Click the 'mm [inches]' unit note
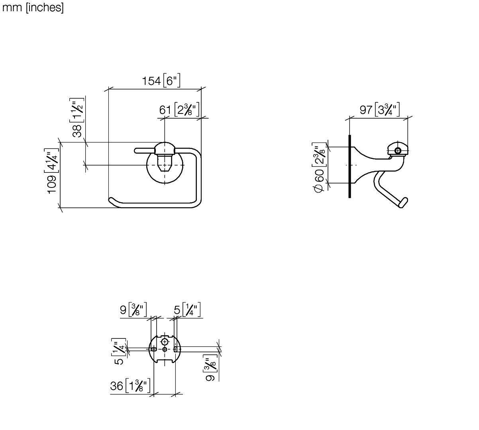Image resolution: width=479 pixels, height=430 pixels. [x=33, y=8]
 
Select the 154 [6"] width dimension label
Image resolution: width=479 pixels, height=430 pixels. [x=161, y=80]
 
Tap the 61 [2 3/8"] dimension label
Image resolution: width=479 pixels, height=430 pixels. [x=179, y=109]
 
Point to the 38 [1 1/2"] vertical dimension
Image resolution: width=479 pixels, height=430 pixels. [x=77, y=117]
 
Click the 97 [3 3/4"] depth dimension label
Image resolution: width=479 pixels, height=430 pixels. [x=379, y=109]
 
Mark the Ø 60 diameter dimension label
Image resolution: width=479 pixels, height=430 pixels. [x=319, y=168]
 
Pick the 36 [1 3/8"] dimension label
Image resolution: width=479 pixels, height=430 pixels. [x=130, y=385]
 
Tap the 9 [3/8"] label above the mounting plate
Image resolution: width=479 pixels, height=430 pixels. [x=133, y=310]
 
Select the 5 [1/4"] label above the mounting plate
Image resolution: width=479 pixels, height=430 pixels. [x=187, y=310]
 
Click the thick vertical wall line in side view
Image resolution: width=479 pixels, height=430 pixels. [x=349, y=166]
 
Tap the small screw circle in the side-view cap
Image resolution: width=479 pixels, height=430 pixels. [x=398, y=150]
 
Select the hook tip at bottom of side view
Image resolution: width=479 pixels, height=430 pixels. [x=404, y=203]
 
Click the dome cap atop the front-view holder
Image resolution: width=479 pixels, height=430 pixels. [x=165, y=148]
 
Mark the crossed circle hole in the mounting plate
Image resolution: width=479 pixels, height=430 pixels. [x=165, y=342]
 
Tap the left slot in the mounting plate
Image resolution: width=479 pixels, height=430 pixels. [x=154, y=349]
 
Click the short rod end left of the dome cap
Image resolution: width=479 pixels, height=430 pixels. [x=136, y=151]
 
